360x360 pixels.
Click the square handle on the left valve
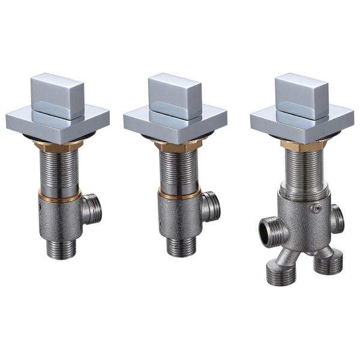coord(56,92)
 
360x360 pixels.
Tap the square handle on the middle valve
coord(175,92)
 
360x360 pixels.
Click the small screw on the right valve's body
coord(319,208)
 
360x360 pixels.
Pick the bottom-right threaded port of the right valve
coord(329,264)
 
